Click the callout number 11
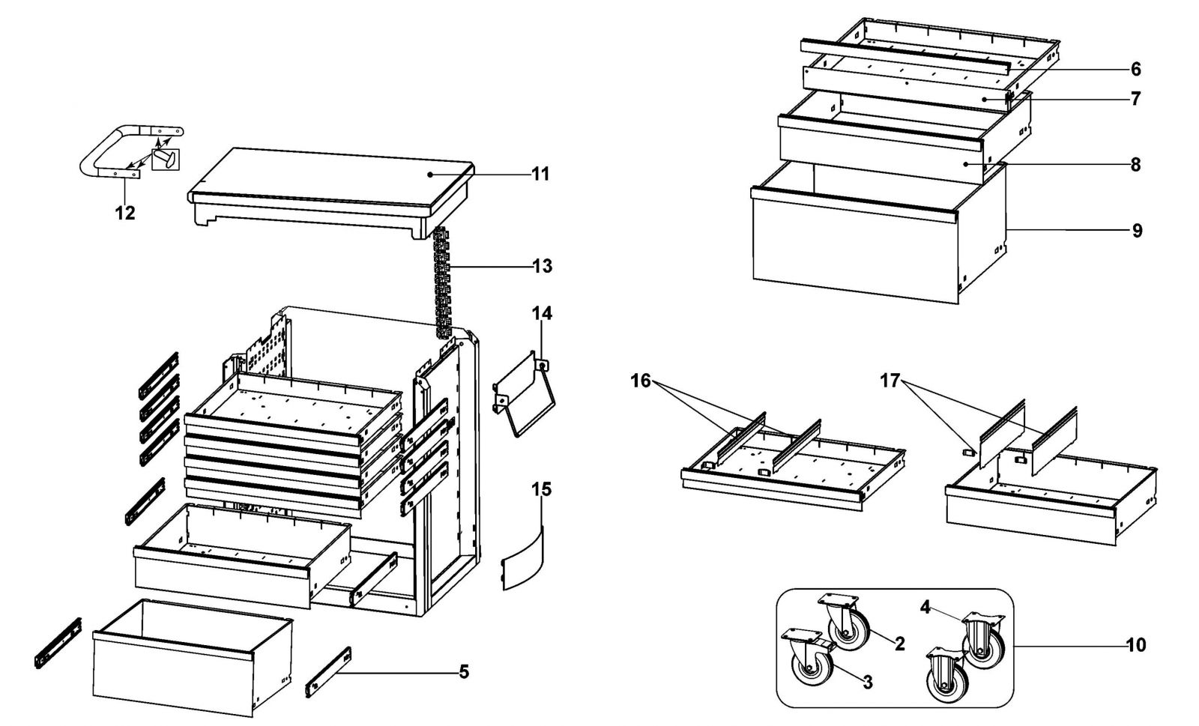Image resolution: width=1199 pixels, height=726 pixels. (541, 174)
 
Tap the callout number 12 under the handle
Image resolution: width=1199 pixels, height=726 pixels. (125, 213)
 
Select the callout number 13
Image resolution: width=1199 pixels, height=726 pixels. (542, 266)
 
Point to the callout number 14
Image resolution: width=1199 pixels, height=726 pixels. (543, 313)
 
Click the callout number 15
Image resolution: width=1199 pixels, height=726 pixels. (543, 490)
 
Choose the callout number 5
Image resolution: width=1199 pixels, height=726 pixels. (464, 672)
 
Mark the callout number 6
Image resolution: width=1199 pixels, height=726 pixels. (1136, 70)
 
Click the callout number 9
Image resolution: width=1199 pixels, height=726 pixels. (1137, 230)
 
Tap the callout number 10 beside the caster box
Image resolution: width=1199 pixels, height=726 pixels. (1136, 644)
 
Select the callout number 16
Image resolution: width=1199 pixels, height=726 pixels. (641, 381)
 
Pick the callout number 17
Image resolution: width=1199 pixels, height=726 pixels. (890, 381)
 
